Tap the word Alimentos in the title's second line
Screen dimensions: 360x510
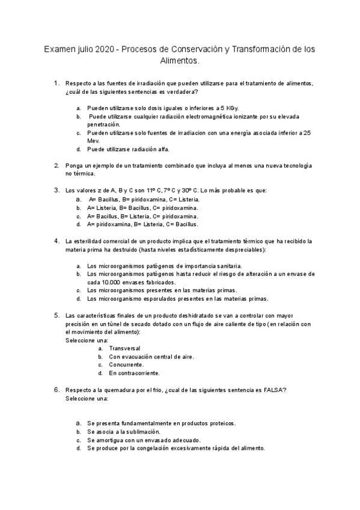pos(178,61)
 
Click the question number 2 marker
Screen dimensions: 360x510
pos(56,165)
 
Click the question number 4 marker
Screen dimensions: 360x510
pos(56,241)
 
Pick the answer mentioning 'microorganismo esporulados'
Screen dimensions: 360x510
pos(177,298)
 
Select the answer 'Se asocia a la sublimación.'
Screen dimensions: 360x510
pos(123,431)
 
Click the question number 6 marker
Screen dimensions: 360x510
pos(56,390)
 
